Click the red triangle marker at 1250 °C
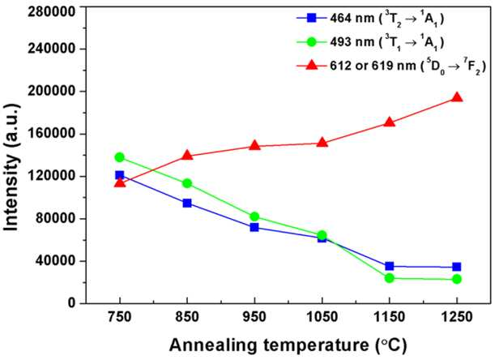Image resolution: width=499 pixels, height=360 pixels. [x=457, y=97]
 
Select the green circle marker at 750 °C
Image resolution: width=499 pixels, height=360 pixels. [x=120, y=157]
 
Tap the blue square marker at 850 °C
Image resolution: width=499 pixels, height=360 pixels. [x=187, y=203]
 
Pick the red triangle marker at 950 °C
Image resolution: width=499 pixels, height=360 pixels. [x=254, y=145]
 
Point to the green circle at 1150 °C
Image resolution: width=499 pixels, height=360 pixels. [x=389, y=278]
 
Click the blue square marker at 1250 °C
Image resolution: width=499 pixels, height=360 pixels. [x=457, y=267]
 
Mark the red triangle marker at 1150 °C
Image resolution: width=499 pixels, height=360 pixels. [x=389, y=122]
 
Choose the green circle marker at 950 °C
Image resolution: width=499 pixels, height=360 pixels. [x=254, y=216]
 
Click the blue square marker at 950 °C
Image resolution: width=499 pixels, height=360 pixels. [x=254, y=227]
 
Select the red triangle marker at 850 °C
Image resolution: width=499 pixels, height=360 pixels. [x=187, y=155]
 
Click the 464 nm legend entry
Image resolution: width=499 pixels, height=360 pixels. [x=370, y=19]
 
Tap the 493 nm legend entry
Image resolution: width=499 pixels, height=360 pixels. [x=370, y=42]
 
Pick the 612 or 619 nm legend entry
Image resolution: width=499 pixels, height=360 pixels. [x=391, y=66]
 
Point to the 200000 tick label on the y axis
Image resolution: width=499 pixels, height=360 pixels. [x=52, y=92]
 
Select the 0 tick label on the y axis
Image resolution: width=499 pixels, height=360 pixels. [x=72, y=302]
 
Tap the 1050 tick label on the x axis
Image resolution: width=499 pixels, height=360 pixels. [x=322, y=317]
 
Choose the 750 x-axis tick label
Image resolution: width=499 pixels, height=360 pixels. [x=120, y=317]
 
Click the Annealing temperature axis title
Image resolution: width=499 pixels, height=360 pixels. [x=288, y=345]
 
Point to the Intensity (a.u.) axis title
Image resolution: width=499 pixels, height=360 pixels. [x=11, y=168]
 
